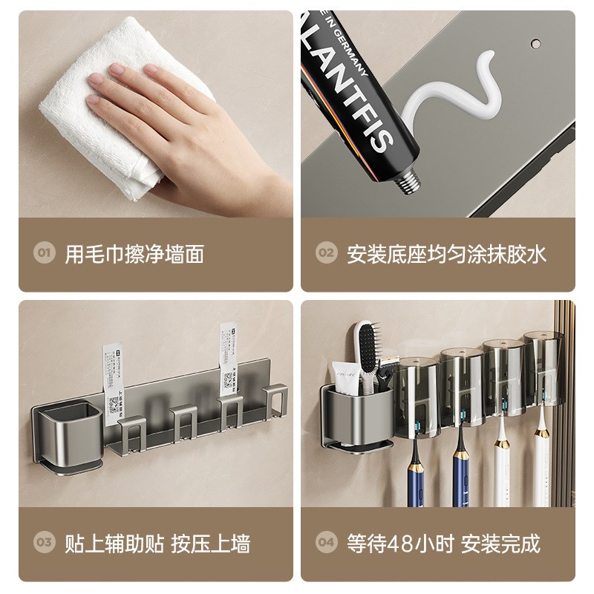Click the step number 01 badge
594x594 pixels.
pyautogui.click(x=43, y=254)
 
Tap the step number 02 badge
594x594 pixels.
pyautogui.click(x=326, y=254)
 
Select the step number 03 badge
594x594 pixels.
pyautogui.click(x=43, y=543)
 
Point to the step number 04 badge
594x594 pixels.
pyautogui.click(x=326, y=543)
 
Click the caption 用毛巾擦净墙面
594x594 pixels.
pyautogui.click(x=134, y=254)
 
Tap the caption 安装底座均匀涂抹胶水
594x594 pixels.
pyautogui.click(x=446, y=254)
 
